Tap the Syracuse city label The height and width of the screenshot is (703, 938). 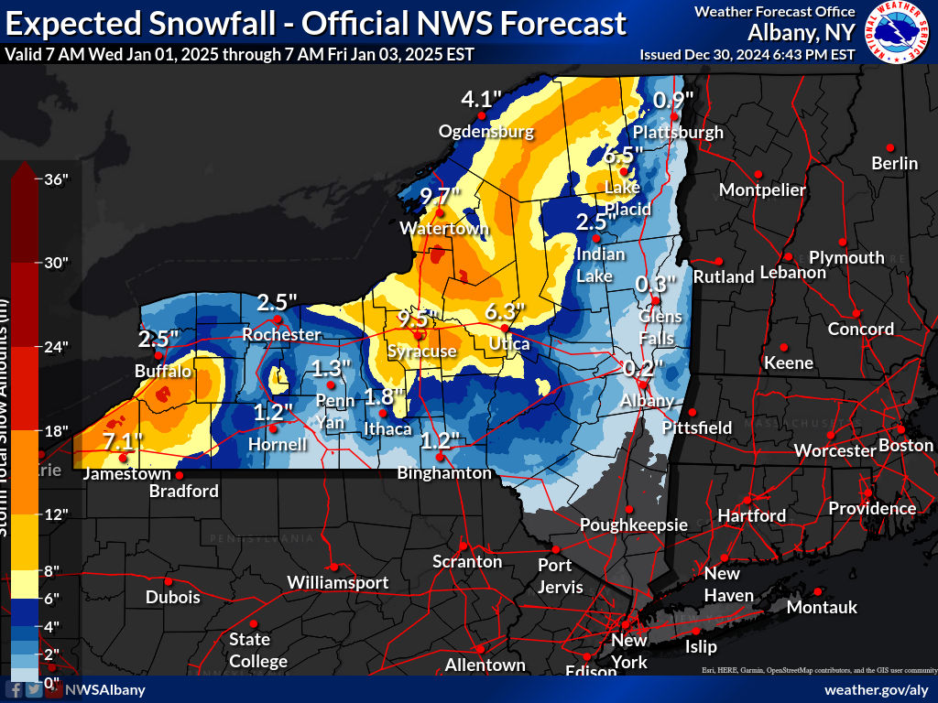421,351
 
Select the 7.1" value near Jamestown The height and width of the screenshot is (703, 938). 123,441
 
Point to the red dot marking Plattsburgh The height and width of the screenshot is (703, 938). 674,117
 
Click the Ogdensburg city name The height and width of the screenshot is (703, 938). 485,132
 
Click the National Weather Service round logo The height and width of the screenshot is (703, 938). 898,31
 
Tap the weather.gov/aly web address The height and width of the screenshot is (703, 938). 876,689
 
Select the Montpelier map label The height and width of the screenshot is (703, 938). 762,190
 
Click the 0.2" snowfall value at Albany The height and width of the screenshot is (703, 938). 643,369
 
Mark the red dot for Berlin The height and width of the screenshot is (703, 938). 889,147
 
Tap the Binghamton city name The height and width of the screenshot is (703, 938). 444,473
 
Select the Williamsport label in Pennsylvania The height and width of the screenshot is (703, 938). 337,583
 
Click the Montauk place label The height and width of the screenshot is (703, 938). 822,608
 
